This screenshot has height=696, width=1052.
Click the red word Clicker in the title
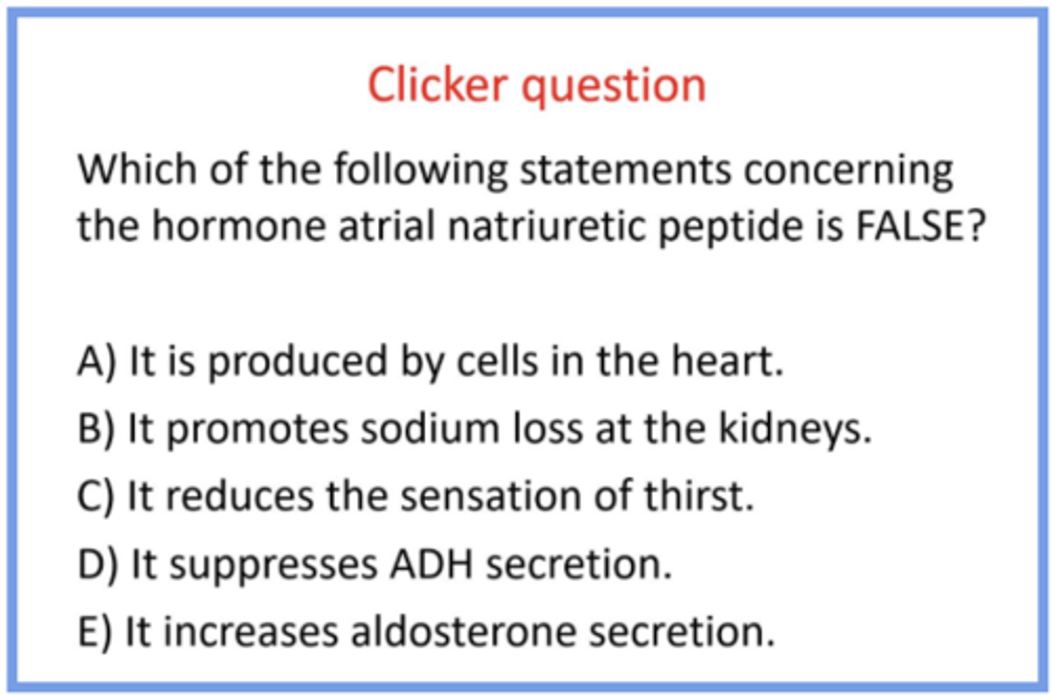pos(438,85)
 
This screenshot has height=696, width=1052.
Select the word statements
pos(625,170)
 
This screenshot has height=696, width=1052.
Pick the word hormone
pos(239,226)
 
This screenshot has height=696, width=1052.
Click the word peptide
pos(731,229)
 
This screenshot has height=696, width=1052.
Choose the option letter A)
pos(96,362)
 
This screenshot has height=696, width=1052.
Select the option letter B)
pos(96,429)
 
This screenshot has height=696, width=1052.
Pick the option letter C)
pos(96,496)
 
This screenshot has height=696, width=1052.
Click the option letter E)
pos(95,631)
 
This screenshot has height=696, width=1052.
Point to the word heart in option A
pos(728,361)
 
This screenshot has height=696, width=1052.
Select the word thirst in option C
pos(700,495)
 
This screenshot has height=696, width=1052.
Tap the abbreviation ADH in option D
pos(432,564)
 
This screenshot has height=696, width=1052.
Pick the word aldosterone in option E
pos(464,631)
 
